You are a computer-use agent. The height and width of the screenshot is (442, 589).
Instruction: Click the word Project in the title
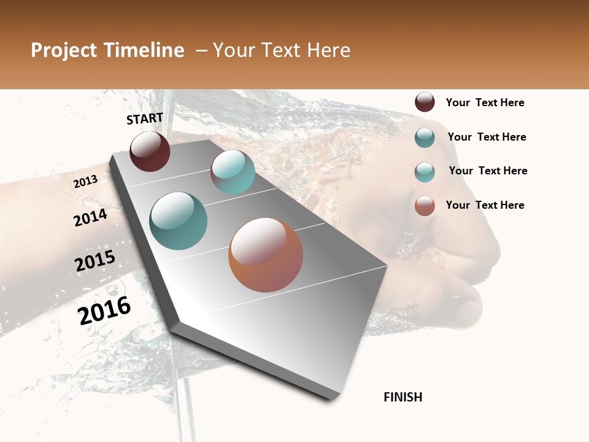tap(64, 50)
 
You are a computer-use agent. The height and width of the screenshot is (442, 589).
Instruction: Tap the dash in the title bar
tap(201, 50)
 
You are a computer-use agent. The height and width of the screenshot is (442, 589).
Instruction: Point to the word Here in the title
tap(328, 50)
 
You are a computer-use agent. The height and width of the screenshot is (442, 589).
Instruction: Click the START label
tap(145, 118)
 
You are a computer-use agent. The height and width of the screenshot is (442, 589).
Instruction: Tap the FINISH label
tap(402, 397)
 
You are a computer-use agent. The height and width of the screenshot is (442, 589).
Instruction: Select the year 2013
tap(85, 182)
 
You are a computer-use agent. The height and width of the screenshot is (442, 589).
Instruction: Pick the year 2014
tap(90, 217)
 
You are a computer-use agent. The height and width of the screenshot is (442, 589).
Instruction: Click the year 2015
tap(95, 261)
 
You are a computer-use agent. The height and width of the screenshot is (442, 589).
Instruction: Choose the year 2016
tap(104, 310)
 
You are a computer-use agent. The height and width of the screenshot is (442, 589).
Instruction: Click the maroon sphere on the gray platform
tap(150, 151)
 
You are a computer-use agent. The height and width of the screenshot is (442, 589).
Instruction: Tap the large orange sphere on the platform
tap(266, 255)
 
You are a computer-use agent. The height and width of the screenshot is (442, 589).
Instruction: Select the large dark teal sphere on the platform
tap(178, 221)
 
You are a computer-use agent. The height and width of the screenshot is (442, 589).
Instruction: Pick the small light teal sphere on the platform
tap(233, 172)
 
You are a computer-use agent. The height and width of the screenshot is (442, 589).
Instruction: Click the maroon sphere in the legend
tap(425, 103)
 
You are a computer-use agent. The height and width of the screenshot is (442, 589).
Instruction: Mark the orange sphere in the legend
tap(425, 206)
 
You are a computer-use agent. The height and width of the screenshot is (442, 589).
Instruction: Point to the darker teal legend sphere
tap(425, 138)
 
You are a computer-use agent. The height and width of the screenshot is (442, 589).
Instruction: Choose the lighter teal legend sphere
tap(425, 172)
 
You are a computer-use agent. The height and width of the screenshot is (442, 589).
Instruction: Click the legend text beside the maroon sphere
tap(485, 103)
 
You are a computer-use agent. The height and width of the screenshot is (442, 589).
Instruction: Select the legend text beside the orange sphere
tap(485, 205)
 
